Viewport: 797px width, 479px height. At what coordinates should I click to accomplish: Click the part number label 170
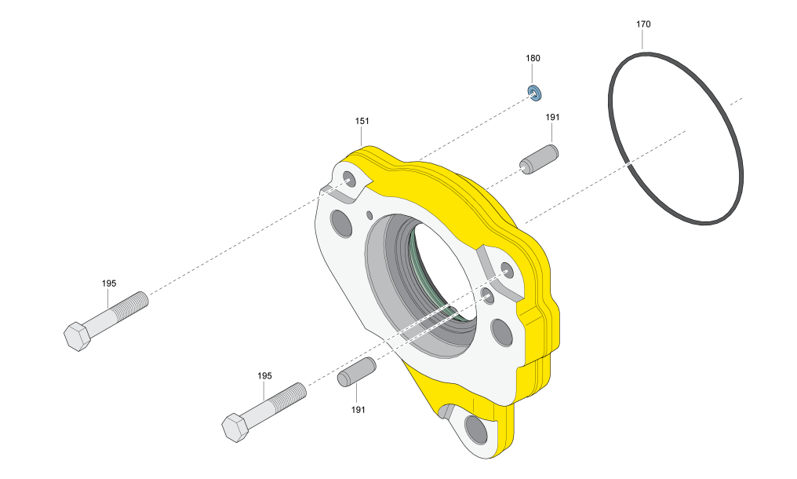(642, 24)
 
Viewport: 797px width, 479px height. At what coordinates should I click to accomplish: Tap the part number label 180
(533, 58)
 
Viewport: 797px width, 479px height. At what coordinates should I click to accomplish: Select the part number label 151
(362, 121)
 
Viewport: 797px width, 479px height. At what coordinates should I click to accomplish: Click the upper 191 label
(553, 117)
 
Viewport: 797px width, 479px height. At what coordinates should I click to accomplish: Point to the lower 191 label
(358, 409)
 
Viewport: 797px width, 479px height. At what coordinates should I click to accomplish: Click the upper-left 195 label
(109, 283)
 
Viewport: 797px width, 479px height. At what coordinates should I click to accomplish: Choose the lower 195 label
(265, 376)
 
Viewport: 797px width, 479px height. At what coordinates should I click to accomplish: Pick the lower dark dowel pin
(357, 371)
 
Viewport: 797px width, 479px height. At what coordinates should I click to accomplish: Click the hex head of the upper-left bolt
(78, 336)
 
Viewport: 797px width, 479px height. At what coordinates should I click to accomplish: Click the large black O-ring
(676, 138)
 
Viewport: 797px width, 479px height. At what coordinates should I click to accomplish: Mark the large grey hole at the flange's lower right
(500, 331)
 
